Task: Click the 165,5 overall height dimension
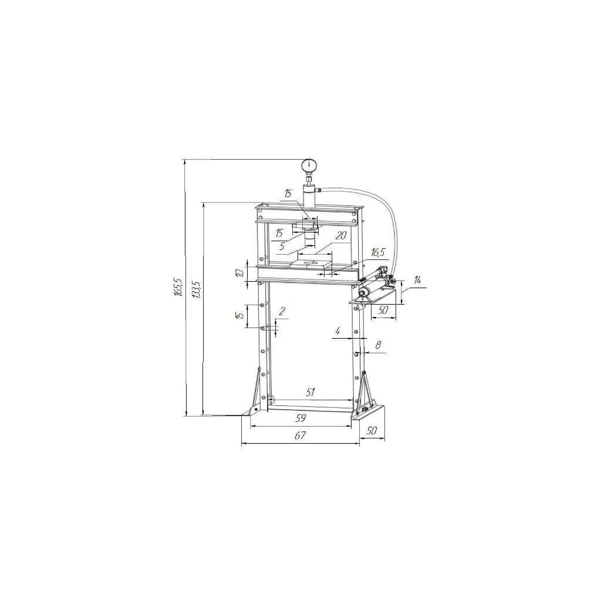coord(177,286)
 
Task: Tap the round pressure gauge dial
coord(308,166)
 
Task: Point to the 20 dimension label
coord(341,235)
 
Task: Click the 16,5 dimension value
coord(377,252)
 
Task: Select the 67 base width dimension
coord(300,435)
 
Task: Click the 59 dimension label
coord(301,418)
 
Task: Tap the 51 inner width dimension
coord(311,392)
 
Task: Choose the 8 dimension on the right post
coord(378,345)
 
